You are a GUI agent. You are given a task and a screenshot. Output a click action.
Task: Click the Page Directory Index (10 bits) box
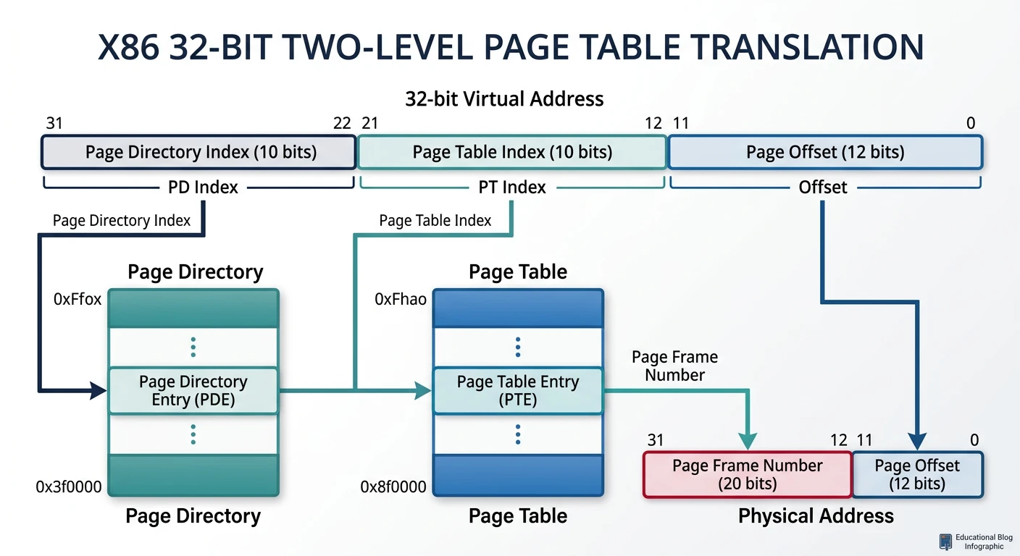click(x=198, y=152)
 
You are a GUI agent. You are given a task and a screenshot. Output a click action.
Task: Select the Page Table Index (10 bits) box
click(x=511, y=152)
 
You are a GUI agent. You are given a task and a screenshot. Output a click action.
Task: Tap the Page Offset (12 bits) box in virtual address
click(x=824, y=152)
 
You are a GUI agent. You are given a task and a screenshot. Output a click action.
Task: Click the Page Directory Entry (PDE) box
click(x=193, y=391)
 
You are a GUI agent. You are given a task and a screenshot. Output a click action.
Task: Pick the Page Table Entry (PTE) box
click(x=517, y=391)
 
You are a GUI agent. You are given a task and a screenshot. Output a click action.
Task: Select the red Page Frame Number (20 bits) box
click(x=747, y=475)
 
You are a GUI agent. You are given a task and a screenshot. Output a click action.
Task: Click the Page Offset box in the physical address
click(x=917, y=475)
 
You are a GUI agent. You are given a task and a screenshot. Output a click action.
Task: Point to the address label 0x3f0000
click(x=69, y=487)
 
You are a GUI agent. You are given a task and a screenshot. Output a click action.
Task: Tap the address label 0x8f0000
click(x=393, y=487)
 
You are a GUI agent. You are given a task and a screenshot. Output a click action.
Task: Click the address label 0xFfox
click(x=78, y=299)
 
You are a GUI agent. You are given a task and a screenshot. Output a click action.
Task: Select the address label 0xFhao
click(x=401, y=299)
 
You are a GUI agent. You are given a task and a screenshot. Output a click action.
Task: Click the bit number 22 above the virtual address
click(x=342, y=124)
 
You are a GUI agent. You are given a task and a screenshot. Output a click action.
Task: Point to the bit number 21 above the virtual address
click(x=369, y=124)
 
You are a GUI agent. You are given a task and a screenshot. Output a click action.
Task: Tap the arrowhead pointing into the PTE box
click(x=424, y=392)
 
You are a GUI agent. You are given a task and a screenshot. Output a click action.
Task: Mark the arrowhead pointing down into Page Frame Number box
click(x=747, y=442)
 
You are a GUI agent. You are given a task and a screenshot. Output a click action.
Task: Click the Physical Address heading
click(x=816, y=516)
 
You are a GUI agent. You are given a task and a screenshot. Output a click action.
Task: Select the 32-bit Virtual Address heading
click(x=504, y=98)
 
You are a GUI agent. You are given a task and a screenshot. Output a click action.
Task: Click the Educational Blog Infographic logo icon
click(x=945, y=542)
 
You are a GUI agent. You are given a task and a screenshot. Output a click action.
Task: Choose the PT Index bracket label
click(x=512, y=188)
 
